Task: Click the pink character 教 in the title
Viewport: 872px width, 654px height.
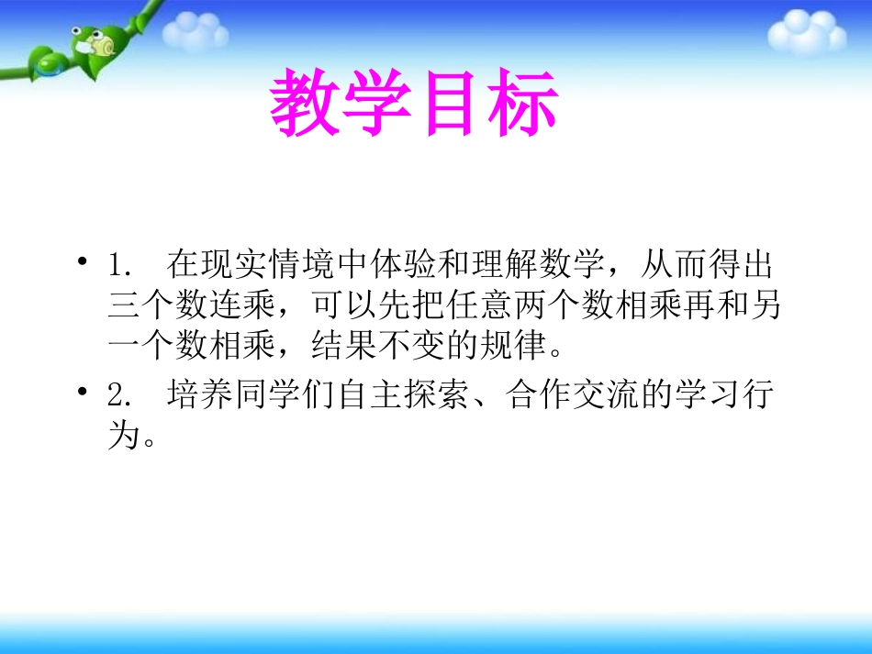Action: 306,104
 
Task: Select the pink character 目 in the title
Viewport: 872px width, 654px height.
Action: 450,104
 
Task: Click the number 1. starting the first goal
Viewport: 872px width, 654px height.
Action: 121,266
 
